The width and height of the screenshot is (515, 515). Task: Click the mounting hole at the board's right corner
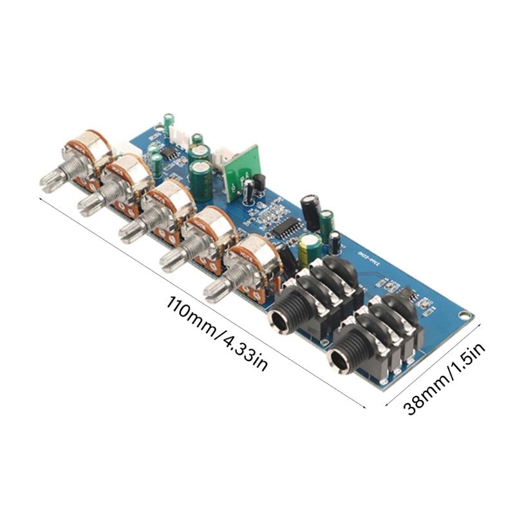pos(464,315)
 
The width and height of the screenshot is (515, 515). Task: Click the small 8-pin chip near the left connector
pos(169,153)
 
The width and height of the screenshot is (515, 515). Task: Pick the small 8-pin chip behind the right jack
pos(406,294)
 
